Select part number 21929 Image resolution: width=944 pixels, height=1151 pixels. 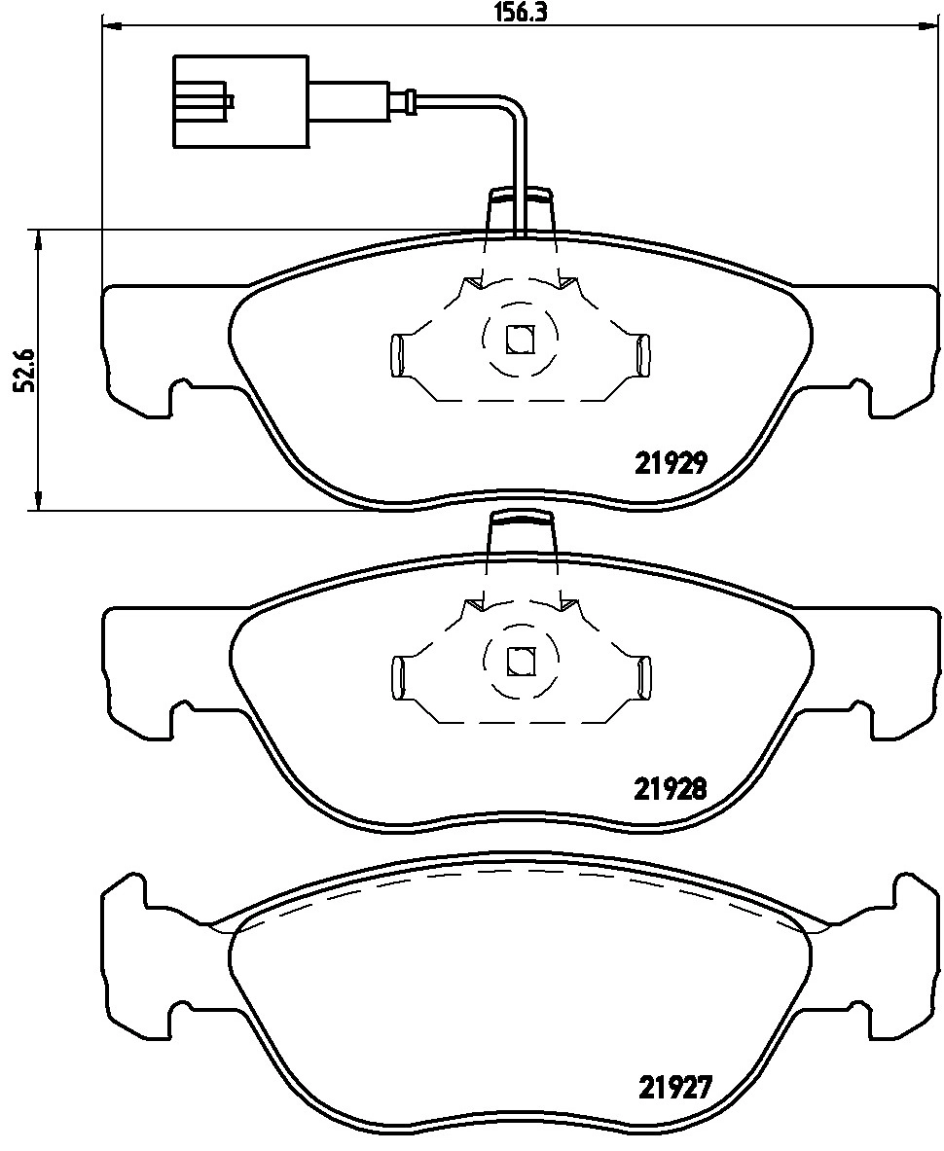(670, 464)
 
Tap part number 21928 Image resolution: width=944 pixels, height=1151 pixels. (670, 789)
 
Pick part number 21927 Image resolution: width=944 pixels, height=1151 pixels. (675, 1085)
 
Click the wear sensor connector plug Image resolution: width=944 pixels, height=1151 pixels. (240, 101)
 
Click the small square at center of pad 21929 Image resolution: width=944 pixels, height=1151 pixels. (520, 338)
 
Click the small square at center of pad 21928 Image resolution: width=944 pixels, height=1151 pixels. (520, 661)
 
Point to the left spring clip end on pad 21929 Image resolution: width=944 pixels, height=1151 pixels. (397, 355)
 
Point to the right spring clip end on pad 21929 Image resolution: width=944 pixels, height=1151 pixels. (642, 355)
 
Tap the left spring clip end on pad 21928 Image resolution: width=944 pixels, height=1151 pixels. (397, 677)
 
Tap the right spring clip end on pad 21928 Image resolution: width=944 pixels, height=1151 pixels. (642, 677)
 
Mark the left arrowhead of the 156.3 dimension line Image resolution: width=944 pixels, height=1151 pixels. (110, 26)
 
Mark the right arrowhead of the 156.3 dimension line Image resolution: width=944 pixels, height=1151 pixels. (930, 26)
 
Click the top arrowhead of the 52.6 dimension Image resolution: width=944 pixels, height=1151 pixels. (38, 238)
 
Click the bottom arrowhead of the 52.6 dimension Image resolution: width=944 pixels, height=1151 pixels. (38, 501)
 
